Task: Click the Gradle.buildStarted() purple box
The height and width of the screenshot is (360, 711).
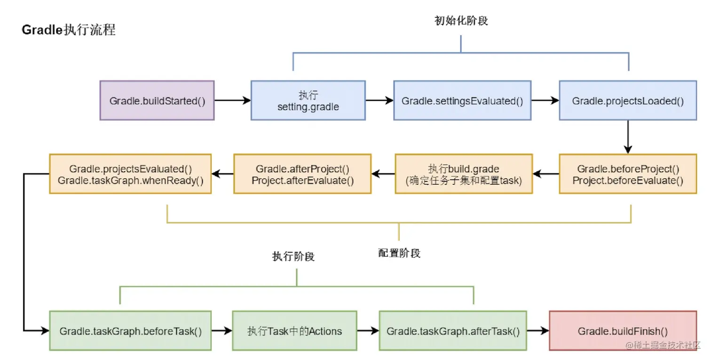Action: coord(157,100)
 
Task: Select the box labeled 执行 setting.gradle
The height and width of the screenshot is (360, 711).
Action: coord(308,100)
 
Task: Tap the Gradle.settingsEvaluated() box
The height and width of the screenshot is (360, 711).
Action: coord(462,100)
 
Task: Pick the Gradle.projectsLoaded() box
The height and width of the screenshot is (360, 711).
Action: coord(628,100)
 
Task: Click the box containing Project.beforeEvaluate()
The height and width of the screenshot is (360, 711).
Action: coord(628,174)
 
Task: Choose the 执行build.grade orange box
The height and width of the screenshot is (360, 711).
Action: coord(464,174)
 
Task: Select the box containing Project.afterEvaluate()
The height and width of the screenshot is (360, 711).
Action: coord(302,174)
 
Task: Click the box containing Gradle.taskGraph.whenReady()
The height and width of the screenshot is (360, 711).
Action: coord(130,174)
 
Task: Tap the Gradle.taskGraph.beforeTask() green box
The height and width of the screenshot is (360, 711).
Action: coord(130,330)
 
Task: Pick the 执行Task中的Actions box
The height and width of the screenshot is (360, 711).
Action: coord(294,330)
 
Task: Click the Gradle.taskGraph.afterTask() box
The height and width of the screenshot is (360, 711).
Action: coord(453,330)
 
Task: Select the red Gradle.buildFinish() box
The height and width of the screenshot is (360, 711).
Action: coord(623,330)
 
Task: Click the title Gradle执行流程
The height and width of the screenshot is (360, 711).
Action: coord(69,31)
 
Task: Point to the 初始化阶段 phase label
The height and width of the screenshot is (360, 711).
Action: coord(461,21)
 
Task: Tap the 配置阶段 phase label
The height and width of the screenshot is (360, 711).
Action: coord(399,253)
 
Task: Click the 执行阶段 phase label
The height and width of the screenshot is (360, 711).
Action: coord(293,257)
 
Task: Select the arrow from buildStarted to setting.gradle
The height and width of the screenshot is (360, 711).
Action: coord(232,100)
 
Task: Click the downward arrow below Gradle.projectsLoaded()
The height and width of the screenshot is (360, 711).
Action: coord(628,136)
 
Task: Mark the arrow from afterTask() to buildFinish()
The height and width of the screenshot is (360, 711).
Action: coord(537,330)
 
